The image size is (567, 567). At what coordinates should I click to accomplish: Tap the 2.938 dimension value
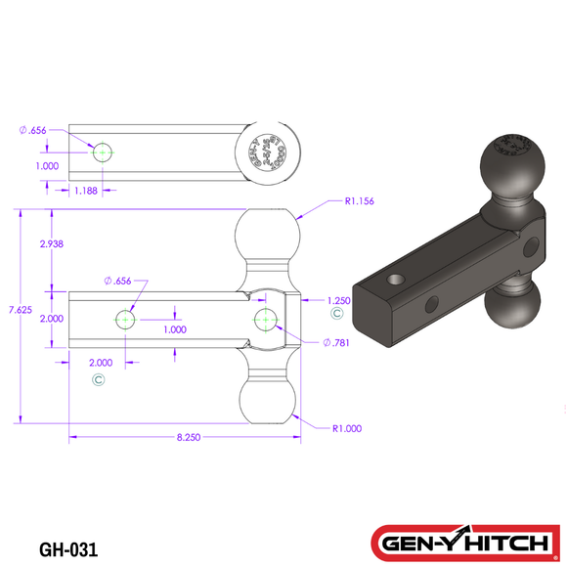pos(51,244)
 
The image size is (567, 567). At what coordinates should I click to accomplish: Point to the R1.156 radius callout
pos(361,201)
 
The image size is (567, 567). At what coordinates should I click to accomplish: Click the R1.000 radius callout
pos(348,427)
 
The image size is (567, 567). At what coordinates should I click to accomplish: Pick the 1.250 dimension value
pos(337,301)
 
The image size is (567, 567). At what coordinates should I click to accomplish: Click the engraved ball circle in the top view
pos(268,152)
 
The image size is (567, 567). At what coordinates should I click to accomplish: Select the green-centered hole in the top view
pos(102,152)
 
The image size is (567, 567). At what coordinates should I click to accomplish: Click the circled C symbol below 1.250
pos(337,315)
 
